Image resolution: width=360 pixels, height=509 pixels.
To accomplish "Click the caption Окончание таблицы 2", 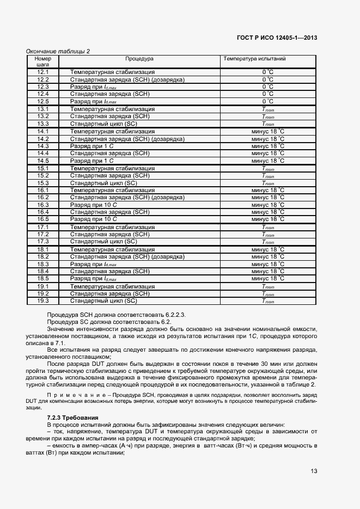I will pyautogui.click(x=58, y=51).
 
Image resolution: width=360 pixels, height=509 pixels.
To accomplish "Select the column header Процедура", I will pyautogui.click(x=139, y=58).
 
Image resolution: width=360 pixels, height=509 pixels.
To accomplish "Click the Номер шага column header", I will pyautogui.click(x=43, y=61).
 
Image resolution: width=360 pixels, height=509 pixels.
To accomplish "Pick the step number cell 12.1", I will pyautogui.click(x=43, y=72).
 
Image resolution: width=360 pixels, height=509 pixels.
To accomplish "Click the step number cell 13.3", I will pyautogui.click(x=43, y=124).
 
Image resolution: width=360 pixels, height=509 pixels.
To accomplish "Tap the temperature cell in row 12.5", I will pyautogui.click(x=268, y=101).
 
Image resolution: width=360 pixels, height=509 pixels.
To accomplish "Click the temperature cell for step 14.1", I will pyautogui.click(x=268, y=131).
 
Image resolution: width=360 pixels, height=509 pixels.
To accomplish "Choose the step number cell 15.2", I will pyautogui.click(x=43, y=175).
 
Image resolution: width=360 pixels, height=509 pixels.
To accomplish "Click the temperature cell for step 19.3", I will pyautogui.click(x=268, y=301).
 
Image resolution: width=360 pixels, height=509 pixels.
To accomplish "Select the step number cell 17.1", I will pyautogui.click(x=43, y=227).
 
